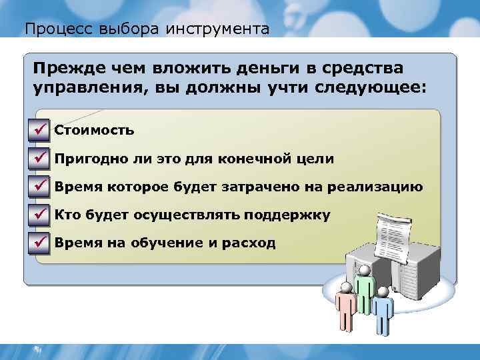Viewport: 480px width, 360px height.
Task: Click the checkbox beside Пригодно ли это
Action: (x=40, y=159)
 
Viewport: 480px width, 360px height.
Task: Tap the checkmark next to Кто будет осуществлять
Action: (x=40, y=215)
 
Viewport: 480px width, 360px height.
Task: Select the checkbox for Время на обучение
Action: (x=40, y=243)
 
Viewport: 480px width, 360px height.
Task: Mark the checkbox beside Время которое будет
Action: (x=40, y=187)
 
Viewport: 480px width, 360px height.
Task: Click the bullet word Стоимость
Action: (x=94, y=131)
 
